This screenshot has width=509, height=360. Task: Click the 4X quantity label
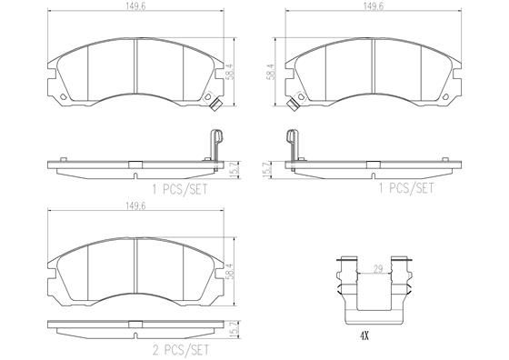tap(364, 335)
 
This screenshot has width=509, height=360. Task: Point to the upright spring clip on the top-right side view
tap(293, 145)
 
